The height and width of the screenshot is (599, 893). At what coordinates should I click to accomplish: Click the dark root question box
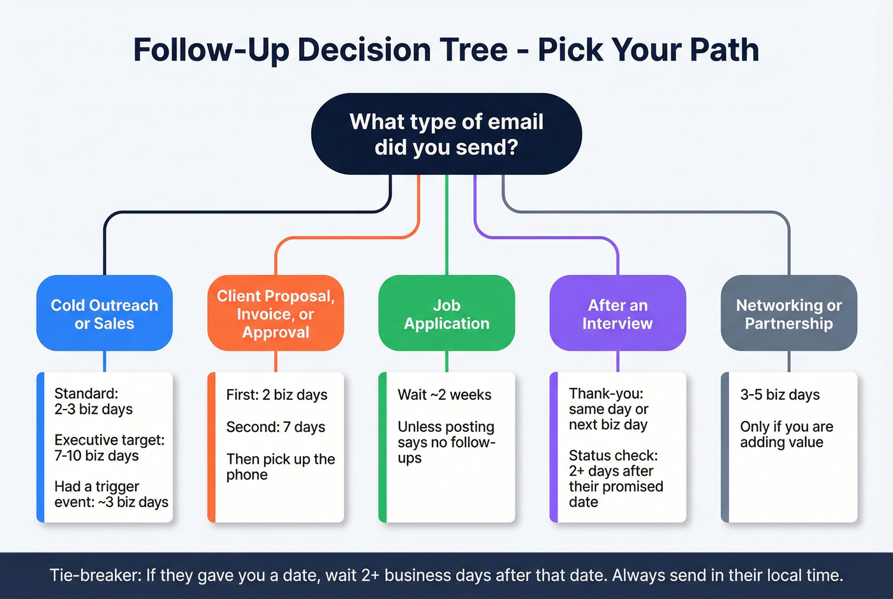[x=447, y=134]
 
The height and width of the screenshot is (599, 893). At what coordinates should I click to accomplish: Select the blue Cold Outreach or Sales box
[x=105, y=314]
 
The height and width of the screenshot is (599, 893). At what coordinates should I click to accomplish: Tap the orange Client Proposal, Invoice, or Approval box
[x=276, y=314]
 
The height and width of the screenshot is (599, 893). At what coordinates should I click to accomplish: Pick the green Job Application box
[x=447, y=314]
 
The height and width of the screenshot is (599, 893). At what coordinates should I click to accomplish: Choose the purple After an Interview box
[x=617, y=314]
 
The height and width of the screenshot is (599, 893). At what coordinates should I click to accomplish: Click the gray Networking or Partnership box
[x=789, y=314]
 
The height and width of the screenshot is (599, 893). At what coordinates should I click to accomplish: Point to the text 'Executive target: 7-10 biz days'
[x=109, y=448]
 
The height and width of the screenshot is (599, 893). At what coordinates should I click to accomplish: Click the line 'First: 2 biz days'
[x=277, y=395]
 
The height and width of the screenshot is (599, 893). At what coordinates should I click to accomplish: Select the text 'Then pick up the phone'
[x=281, y=467]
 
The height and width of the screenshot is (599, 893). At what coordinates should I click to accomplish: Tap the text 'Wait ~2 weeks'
[x=445, y=395]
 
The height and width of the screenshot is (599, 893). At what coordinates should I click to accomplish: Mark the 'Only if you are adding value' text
[x=786, y=434]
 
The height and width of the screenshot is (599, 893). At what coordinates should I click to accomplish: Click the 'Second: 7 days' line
[x=276, y=427]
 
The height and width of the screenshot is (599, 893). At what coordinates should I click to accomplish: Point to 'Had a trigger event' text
[x=96, y=487]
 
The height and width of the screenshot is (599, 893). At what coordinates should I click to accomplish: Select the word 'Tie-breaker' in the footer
[x=95, y=575]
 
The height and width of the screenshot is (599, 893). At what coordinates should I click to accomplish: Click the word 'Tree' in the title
[x=471, y=50]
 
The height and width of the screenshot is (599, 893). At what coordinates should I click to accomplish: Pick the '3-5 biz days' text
[x=779, y=395]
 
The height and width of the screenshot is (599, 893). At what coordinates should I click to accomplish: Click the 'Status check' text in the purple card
[x=613, y=455]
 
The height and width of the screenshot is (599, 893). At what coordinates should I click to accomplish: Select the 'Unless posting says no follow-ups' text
[x=446, y=442]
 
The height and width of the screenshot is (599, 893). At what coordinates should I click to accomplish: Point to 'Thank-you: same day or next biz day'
[x=608, y=409]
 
